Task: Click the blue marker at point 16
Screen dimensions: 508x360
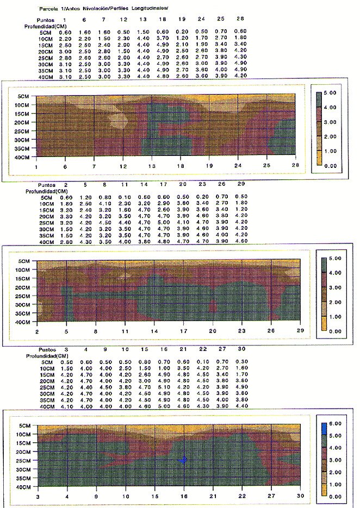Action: (183, 460)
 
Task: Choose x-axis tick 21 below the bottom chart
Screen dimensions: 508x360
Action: (213, 497)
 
